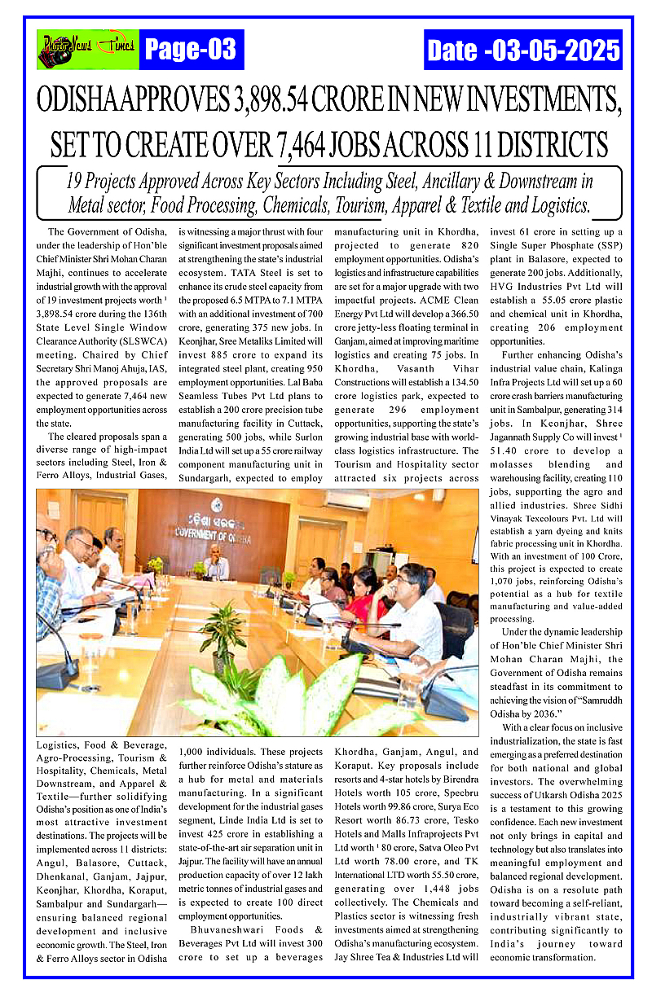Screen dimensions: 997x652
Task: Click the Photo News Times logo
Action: click(x=88, y=49)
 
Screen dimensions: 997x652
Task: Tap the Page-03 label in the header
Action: click(x=190, y=51)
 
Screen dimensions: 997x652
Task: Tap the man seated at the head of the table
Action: click(x=216, y=562)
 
